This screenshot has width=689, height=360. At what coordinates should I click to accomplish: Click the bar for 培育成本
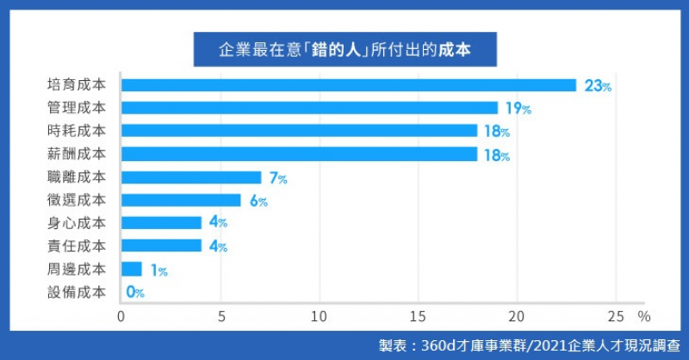tap(348, 85)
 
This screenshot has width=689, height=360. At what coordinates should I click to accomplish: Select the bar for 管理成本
tap(309, 108)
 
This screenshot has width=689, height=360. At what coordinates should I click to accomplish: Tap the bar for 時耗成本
tap(299, 131)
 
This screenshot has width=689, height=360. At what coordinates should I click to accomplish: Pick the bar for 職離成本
tap(190, 177)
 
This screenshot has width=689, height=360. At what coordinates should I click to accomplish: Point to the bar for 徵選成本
tap(181, 200)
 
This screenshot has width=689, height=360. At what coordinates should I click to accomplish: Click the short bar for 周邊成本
tap(131, 269)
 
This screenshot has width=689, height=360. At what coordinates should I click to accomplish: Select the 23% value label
tap(598, 86)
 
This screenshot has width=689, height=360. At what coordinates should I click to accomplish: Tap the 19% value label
tap(518, 109)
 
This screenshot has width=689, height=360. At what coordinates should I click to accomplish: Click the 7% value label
tap(277, 178)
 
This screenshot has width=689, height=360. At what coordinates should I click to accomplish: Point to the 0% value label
tap(134, 292)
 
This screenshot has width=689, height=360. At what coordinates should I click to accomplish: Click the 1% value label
tap(158, 270)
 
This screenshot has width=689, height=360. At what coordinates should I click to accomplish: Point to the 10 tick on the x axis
tap(320, 316)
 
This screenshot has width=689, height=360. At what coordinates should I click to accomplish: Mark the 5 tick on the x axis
tap(220, 316)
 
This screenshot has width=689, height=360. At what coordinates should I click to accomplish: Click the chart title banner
tap(344, 49)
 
